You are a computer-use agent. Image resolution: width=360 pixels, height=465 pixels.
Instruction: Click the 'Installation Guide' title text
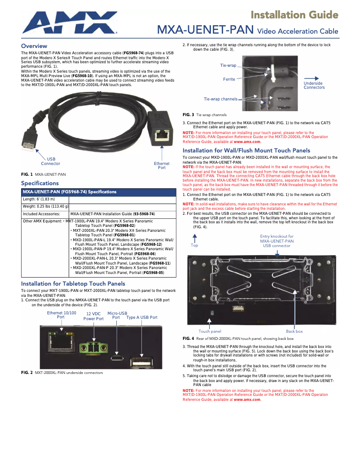coord(294,15)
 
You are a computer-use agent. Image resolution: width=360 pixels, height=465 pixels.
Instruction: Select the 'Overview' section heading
coord(34,46)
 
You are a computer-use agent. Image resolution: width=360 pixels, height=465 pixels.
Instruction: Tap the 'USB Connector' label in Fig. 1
coord(51,161)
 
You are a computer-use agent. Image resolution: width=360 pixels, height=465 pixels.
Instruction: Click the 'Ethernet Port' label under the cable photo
coord(162,165)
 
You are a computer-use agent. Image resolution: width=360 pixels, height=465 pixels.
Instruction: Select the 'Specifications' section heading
coord(40,183)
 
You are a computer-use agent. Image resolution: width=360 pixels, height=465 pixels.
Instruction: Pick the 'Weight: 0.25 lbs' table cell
coord(45,207)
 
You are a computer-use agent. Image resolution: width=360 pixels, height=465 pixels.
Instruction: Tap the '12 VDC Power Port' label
coord(93,317)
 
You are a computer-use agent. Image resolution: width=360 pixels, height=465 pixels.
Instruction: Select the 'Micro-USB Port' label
coord(117,315)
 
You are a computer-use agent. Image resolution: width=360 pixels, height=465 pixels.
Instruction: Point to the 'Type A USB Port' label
coord(142,317)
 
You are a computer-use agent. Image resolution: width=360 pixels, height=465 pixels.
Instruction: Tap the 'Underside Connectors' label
coord(314,85)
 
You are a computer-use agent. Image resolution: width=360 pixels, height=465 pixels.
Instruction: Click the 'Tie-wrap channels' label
coord(220,99)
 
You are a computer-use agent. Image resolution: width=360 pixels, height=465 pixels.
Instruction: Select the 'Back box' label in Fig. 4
coord(294,331)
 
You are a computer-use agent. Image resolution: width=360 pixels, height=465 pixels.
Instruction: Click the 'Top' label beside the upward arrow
coord(194,245)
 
